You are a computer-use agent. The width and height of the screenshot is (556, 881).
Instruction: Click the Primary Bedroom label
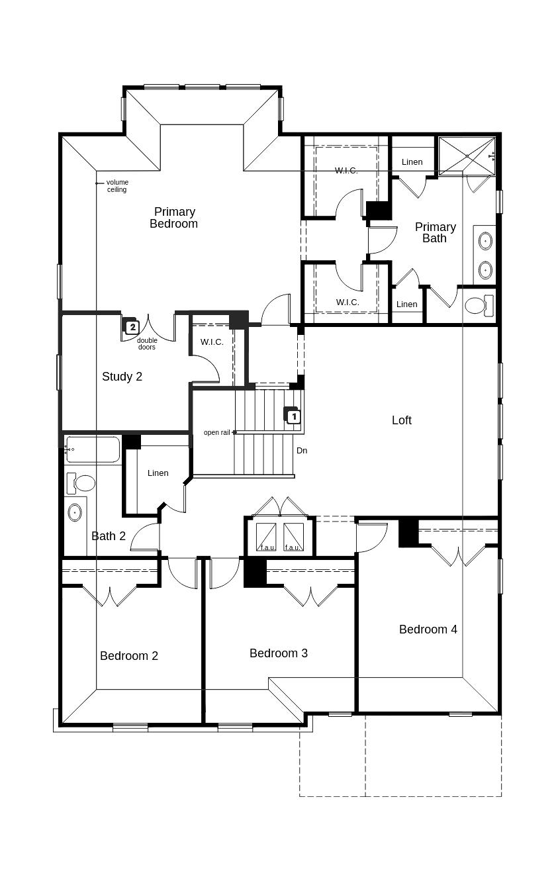coord(173,218)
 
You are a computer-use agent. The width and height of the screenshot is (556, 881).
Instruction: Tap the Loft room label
coord(401,420)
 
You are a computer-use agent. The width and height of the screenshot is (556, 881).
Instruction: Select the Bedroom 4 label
coord(428,629)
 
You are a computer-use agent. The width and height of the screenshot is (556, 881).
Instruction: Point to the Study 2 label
coord(122,377)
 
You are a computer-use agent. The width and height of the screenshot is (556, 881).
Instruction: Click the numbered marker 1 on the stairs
coord(294,417)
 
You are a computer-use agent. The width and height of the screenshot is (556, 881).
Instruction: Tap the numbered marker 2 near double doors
coord(132,327)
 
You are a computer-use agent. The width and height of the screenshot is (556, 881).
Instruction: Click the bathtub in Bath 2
coord(93,449)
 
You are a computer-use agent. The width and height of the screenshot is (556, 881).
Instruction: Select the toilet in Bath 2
coord(81,483)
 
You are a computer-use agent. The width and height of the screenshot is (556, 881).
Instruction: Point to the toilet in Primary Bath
coord(478,305)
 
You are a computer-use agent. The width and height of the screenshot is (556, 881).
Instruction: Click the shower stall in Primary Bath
coord(467,156)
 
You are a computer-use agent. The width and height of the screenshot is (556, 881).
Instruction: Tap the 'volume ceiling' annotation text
coord(117,186)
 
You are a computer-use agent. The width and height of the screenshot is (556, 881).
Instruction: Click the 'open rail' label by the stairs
coord(216,433)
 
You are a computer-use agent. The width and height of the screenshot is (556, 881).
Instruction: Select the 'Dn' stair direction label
coord(302,451)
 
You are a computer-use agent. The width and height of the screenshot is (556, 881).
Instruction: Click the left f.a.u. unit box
coord(266,537)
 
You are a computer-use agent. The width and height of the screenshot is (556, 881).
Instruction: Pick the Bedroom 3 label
coord(278,653)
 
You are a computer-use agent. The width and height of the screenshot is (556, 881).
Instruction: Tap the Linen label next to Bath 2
coord(158,473)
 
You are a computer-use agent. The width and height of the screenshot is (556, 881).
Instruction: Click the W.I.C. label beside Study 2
coord(212,342)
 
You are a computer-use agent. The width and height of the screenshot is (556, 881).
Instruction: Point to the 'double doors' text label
coord(147,344)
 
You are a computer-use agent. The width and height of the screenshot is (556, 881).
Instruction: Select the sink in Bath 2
coord(75,512)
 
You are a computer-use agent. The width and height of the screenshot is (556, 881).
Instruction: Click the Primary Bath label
coord(435,232)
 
